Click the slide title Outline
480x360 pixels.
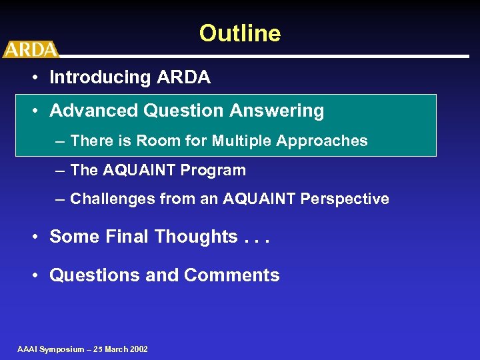coord(240,33)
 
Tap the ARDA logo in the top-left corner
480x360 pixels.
coord(30,49)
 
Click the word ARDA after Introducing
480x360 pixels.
coord(184,78)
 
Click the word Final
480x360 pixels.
coord(128,237)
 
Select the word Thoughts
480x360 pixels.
coord(196,237)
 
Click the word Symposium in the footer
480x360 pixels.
coord(61,349)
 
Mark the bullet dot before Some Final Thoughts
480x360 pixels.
coord(34,237)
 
